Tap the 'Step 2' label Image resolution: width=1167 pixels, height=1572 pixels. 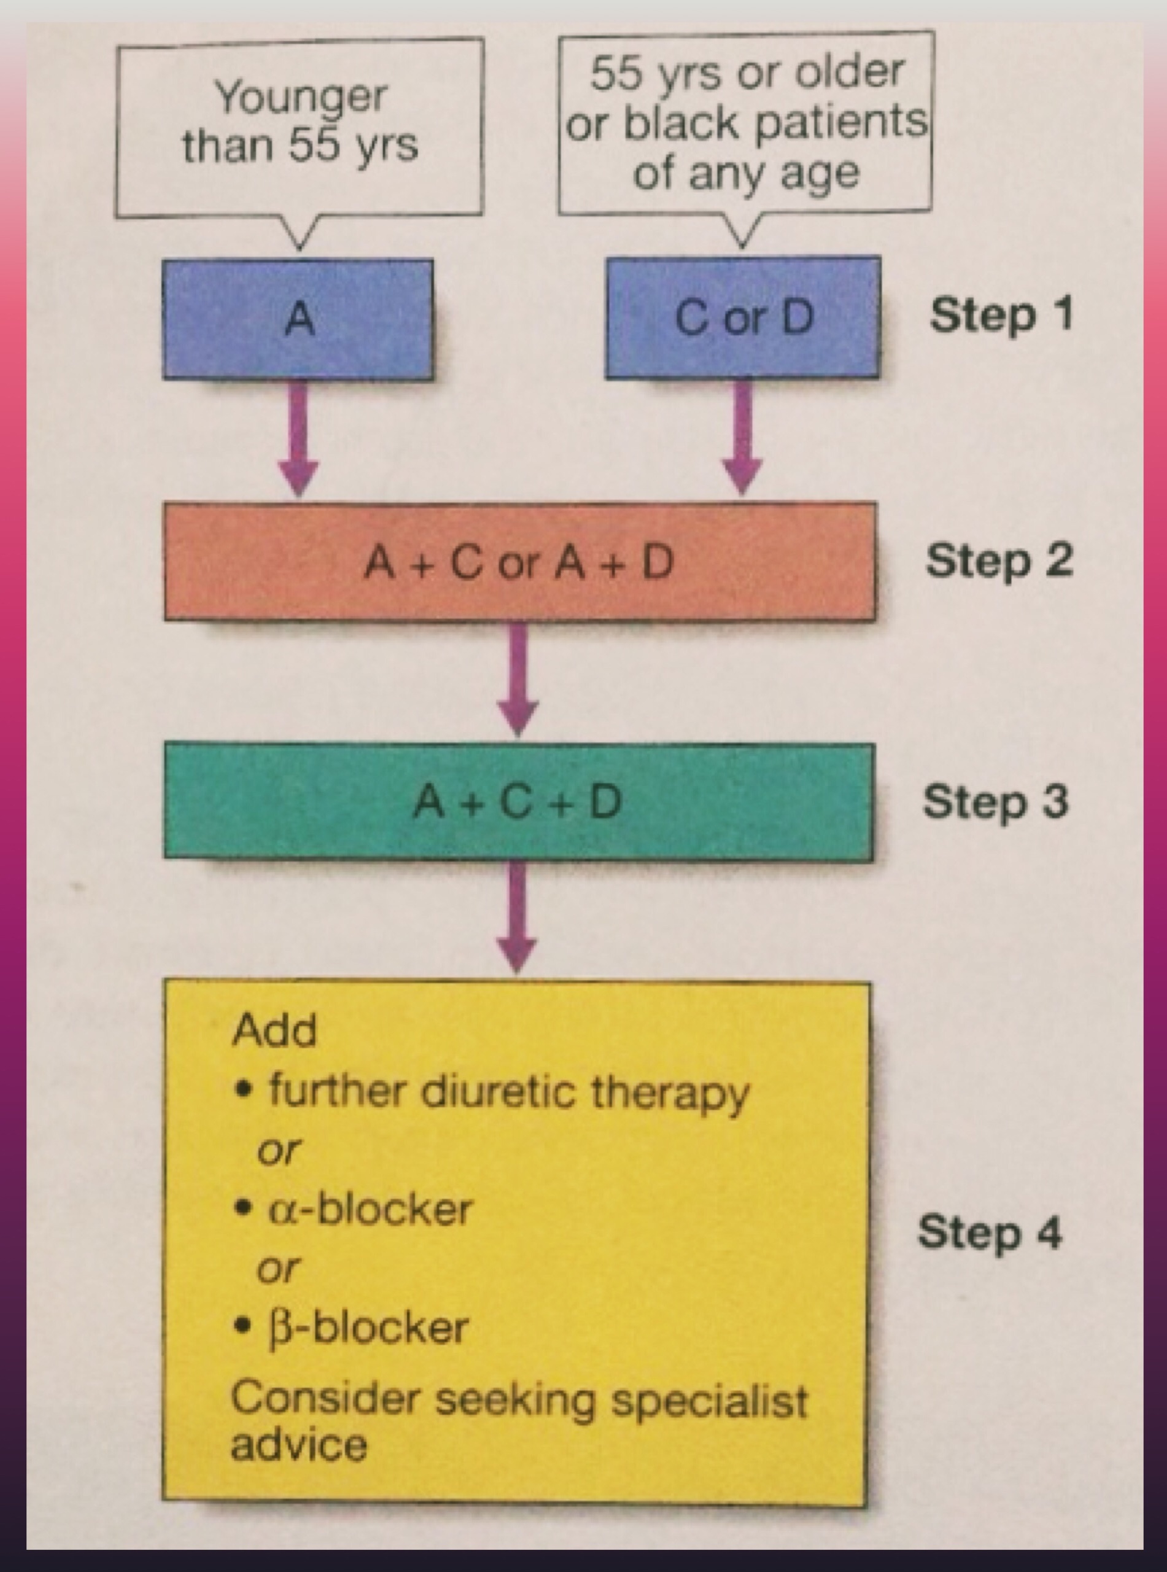[999, 562]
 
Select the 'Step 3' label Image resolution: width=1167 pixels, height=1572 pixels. [995, 803]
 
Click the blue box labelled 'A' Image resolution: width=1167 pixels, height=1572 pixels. [298, 319]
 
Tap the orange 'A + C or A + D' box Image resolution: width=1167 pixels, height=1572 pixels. [520, 562]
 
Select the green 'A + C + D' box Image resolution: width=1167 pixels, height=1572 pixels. [519, 802]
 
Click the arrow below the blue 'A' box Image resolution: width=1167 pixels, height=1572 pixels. [299, 438]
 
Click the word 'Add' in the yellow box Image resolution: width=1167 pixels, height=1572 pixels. [274, 1031]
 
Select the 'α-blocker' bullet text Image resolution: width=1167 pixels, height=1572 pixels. [370, 1209]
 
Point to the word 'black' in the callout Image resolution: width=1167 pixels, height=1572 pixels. [681, 123]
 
